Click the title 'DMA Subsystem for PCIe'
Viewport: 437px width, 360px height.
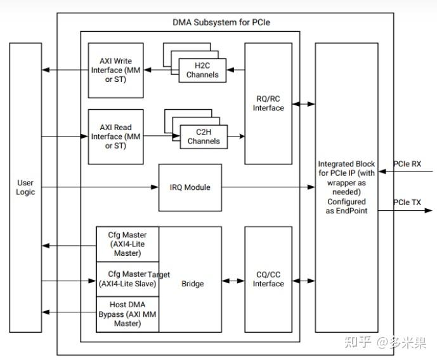pos(226,22)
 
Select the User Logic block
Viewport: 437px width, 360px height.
pos(25,187)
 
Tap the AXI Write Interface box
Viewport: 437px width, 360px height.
pos(115,70)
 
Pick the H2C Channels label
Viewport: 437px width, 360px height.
pos(202,70)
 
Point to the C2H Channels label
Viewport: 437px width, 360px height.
pos(203,137)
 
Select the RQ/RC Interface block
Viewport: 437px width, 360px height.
pos(268,103)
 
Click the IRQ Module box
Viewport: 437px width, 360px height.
pos(190,187)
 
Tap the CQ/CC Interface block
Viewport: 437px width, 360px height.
pos(268,279)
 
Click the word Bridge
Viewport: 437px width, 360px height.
pos(192,284)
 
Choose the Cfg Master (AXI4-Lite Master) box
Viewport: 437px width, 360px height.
pos(127,244)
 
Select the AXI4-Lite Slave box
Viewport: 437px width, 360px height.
pos(127,279)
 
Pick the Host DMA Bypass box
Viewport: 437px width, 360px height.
pos(127,314)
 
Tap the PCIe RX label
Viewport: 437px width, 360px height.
pos(407,164)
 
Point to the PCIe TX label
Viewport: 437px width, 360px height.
pos(407,203)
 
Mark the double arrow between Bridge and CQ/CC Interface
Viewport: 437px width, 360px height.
pos(233,279)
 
